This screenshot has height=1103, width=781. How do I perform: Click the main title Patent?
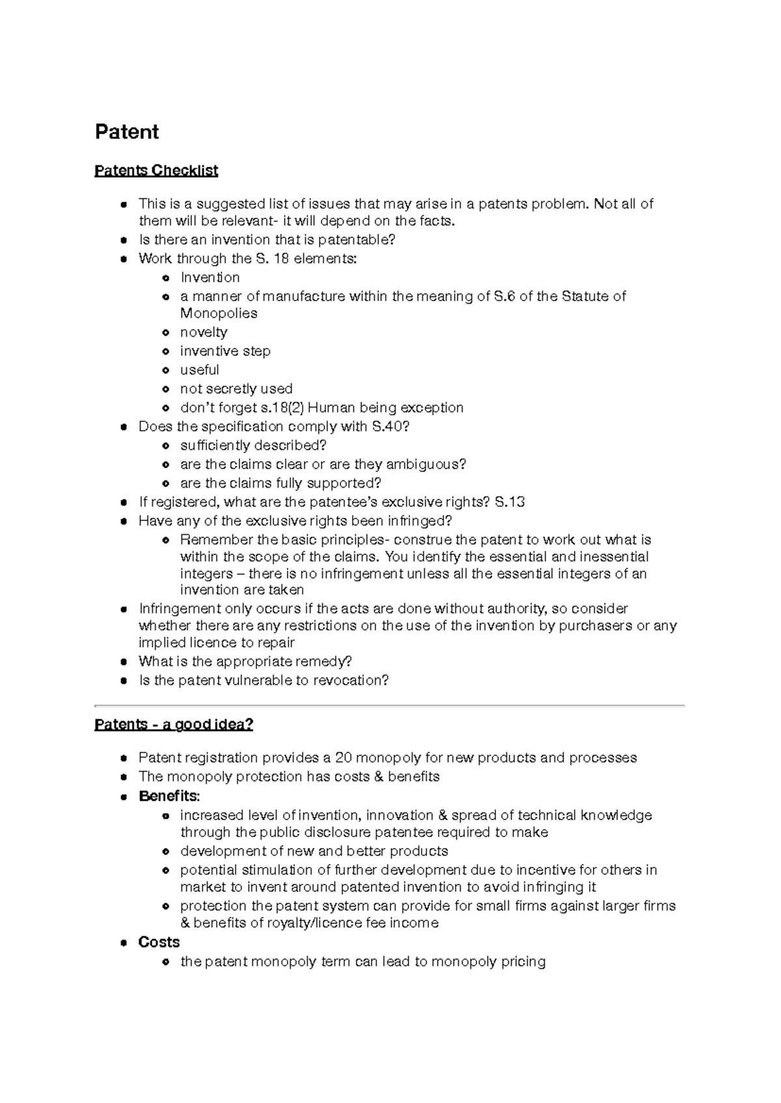coord(127,132)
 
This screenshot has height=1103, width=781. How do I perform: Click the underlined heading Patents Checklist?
coord(156,170)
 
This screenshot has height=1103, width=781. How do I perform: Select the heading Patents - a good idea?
coord(174,724)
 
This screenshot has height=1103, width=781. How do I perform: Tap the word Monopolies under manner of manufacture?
coord(219,313)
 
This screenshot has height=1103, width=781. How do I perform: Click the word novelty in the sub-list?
coord(204,332)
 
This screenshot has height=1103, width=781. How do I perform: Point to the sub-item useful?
coord(199,370)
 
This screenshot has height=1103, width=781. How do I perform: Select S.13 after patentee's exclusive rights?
coord(510,502)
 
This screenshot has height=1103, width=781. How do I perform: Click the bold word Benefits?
coord(168,796)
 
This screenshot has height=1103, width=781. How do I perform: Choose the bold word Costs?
coord(159,942)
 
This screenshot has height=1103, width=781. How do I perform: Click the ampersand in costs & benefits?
coord(379,777)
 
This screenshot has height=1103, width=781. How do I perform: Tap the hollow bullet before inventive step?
coord(167,352)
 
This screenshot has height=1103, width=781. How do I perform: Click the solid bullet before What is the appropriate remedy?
coord(124,662)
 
